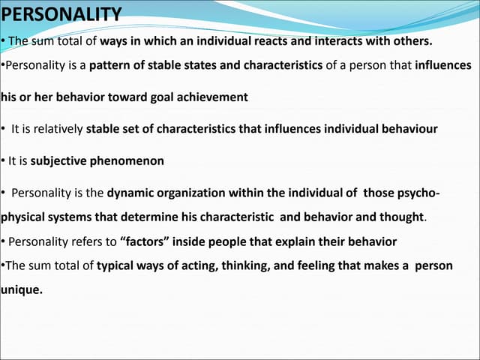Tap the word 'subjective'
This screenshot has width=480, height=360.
(61, 160)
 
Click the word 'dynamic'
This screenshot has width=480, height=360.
(131, 193)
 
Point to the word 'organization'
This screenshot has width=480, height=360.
(194, 193)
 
